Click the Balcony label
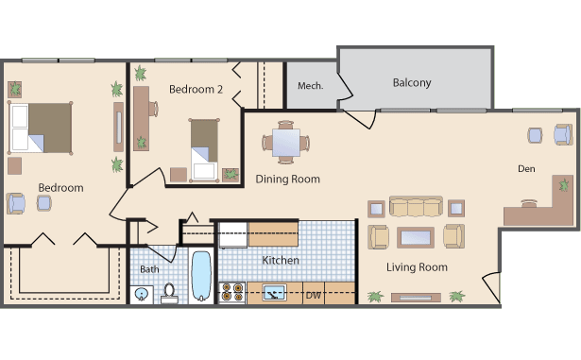point(412,83)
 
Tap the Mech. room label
point(311,86)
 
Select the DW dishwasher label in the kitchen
point(313,296)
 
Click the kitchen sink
point(274,293)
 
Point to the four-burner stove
point(232,293)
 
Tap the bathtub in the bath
point(201,276)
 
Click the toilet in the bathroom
point(169,294)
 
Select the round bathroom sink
point(141,295)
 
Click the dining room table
point(286,143)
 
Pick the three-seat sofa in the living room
point(416,207)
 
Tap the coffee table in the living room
point(416,238)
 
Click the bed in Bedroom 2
point(204,150)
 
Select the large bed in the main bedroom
point(40,128)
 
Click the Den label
point(526,169)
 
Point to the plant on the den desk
point(564,184)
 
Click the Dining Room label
point(287,180)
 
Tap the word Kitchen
point(281,260)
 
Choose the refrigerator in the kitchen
point(233,235)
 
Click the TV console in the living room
point(416,298)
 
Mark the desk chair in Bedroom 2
point(154,109)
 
